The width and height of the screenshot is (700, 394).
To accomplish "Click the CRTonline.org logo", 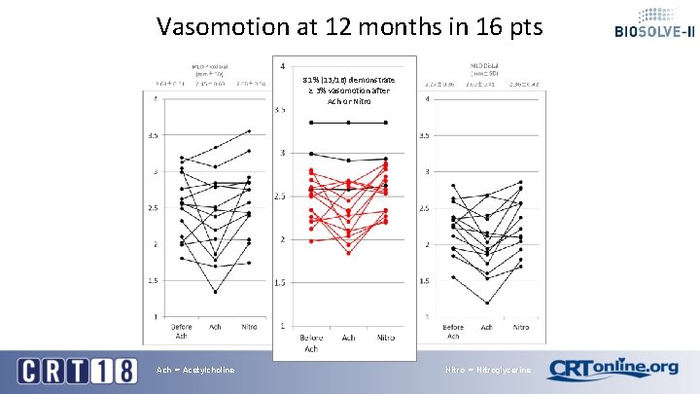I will [x=612, y=370].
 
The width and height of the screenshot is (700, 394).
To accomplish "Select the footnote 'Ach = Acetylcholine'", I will [x=194, y=370].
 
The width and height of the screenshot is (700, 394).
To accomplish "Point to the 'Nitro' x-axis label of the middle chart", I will [x=386, y=338].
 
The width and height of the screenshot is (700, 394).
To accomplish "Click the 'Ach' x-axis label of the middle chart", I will [x=348, y=338].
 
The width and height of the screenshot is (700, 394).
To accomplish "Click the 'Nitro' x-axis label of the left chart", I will [x=250, y=327].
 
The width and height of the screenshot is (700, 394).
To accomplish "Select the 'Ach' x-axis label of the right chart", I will [x=487, y=327].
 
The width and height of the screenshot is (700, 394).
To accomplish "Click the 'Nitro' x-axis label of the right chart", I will [x=521, y=327].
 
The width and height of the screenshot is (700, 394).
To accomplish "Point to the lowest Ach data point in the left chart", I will [x=215, y=291].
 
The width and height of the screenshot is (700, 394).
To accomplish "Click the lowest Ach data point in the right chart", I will [x=487, y=303].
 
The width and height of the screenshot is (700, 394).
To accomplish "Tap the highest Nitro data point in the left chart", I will [x=250, y=130].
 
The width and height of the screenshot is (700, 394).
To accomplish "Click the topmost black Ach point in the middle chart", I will [x=348, y=123].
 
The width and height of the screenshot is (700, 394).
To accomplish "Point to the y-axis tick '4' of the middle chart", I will [x=282, y=67].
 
